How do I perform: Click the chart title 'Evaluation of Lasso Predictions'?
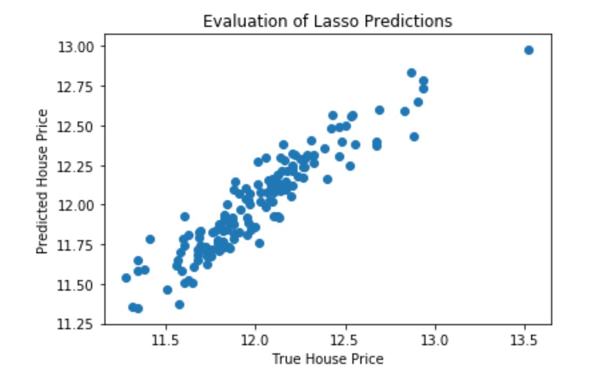tap(328, 21)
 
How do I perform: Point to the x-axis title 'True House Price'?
tap(328, 359)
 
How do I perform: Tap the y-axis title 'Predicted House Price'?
tap(43, 182)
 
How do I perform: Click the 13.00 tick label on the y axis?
tap(78, 47)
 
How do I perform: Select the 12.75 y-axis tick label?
tap(78, 87)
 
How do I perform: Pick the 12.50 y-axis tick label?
tap(78, 126)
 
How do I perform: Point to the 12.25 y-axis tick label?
tap(78, 166)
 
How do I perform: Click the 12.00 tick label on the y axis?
tap(78, 206)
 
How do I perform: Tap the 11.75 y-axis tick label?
tap(78, 245)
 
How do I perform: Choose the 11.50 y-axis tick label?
tap(78, 285)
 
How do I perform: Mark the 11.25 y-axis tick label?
tap(78, 325)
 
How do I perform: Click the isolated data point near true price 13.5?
tap(529, 50)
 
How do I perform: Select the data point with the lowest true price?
tap(126, 278)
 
